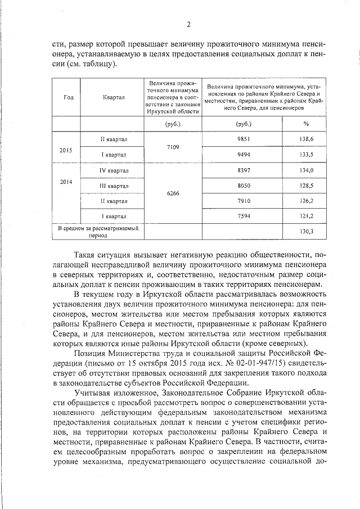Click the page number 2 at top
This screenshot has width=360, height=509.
[189, 24]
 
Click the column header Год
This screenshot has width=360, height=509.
[69, 97]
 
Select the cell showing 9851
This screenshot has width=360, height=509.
[244, 139]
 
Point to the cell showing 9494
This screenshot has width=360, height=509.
[244, 154]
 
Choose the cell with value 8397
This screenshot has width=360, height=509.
[244, 170]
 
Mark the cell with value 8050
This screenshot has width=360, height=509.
[244, 186]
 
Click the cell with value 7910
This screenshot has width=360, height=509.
[244, 200]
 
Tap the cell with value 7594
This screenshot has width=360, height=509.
[244, 216]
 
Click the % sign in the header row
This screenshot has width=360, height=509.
[306, 123]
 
